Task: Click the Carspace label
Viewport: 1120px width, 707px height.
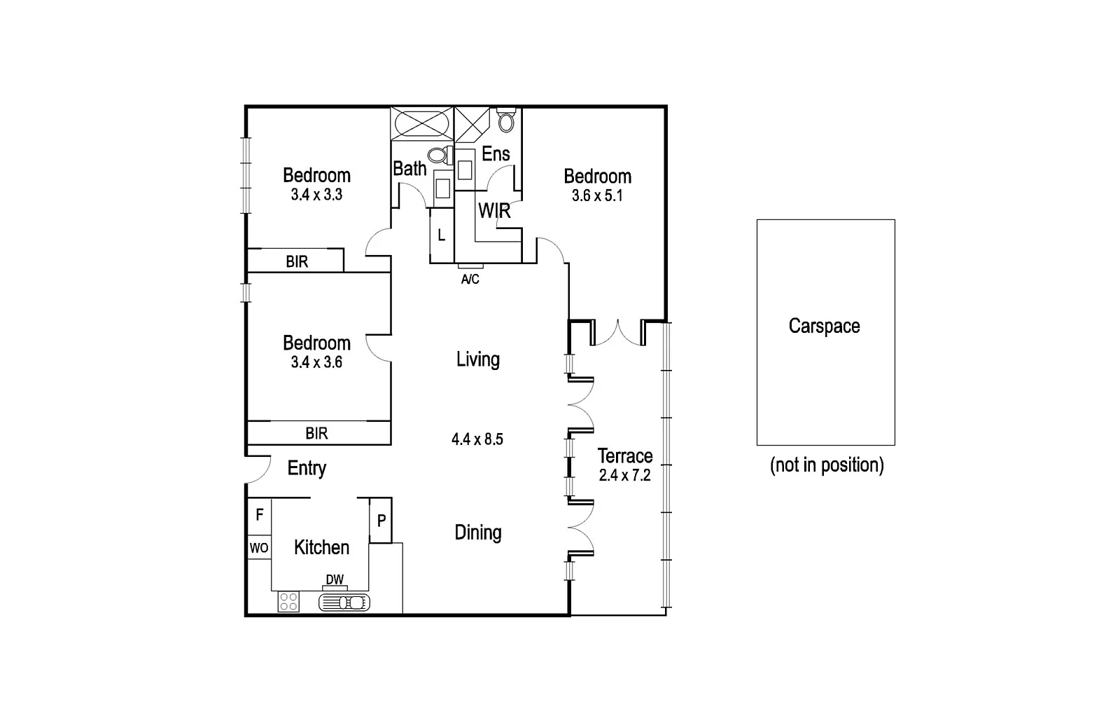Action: (824, 326)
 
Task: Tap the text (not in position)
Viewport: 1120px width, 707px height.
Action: (826, 465)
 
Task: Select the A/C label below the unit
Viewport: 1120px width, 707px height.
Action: (470, 280)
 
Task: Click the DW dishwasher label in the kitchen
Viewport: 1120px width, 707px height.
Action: (335, 580)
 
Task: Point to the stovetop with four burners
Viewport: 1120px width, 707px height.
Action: (288, 601)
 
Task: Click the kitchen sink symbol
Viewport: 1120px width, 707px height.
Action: (344, 602)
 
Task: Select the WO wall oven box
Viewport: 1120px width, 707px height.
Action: (259, 548)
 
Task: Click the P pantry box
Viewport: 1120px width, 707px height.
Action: (381, 521)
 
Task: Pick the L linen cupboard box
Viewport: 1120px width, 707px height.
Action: (441, 235)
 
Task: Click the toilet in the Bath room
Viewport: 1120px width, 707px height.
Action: (439, 154)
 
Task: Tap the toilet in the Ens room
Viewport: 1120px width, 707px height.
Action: (505, 121)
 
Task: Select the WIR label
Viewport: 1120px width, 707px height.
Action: (494, 210)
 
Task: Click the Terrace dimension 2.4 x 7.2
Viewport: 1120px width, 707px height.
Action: (625, 476)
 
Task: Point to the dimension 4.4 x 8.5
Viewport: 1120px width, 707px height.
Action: (477, 440)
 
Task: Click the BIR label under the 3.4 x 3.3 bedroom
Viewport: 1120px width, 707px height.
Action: (297, 262)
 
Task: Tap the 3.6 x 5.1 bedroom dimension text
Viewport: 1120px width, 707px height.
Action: (597, 196)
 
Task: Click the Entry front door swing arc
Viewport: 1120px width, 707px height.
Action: (259, 469)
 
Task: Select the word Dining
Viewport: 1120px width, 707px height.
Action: (478, 533)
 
